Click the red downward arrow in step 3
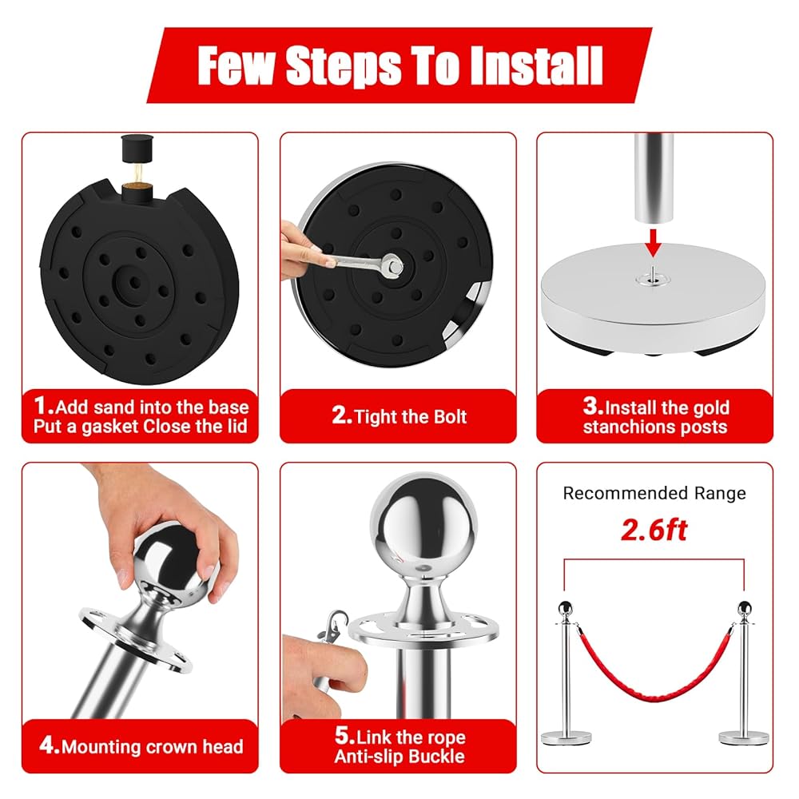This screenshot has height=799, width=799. (x=653, y=243)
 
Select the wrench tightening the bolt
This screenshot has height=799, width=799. (x=356, y=261)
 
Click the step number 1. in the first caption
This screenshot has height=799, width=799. (x=44, y=406)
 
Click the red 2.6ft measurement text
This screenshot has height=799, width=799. (x=654, y=530)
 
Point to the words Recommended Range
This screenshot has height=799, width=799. (x=654, y=493)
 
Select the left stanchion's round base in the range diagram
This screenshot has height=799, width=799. (x=566, y=737)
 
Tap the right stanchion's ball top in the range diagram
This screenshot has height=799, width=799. (x=745, y=607)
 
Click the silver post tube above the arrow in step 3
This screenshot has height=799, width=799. (x=654, y=177)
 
